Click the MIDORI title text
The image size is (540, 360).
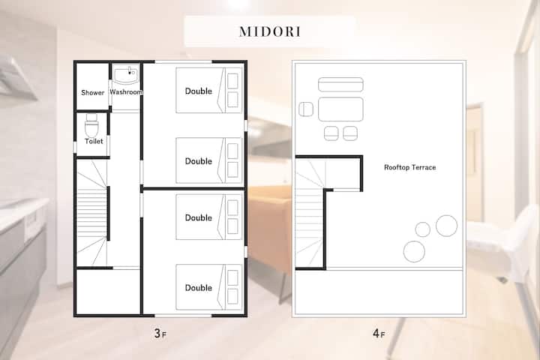270,31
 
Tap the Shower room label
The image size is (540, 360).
93,92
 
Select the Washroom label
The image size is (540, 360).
126,92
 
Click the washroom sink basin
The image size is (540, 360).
126,76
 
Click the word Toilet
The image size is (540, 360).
94,141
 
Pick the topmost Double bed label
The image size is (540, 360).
198,91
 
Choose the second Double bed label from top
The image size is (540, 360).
198,161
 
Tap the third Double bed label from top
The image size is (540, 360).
198,217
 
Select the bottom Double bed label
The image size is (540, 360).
198,288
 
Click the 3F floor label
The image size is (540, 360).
160,334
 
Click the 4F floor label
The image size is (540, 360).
379,334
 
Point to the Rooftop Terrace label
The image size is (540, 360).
409,167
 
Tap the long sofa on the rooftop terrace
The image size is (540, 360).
340,85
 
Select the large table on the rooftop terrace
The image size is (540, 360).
340,109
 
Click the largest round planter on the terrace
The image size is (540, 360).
447,226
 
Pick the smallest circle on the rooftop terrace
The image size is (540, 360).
422,229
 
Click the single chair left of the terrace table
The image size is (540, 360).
306,109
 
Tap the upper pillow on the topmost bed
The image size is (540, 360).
232,81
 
